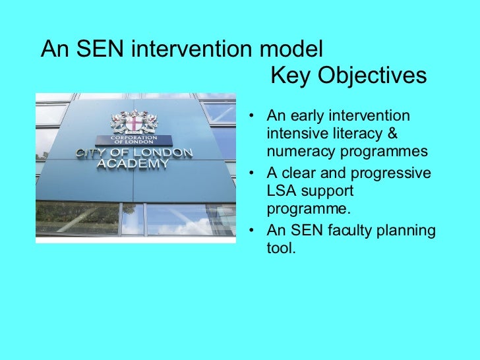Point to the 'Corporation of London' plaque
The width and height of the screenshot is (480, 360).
[x=134, y=140]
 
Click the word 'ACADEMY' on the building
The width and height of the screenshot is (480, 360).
[x=133, y=164]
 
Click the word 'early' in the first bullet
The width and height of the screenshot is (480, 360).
[x=306, y=117]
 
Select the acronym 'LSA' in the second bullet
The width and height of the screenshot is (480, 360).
[x=281, y=191]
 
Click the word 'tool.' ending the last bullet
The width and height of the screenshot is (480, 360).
[x=281, y=249]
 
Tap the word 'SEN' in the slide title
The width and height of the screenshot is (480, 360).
[x=97, y=49]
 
